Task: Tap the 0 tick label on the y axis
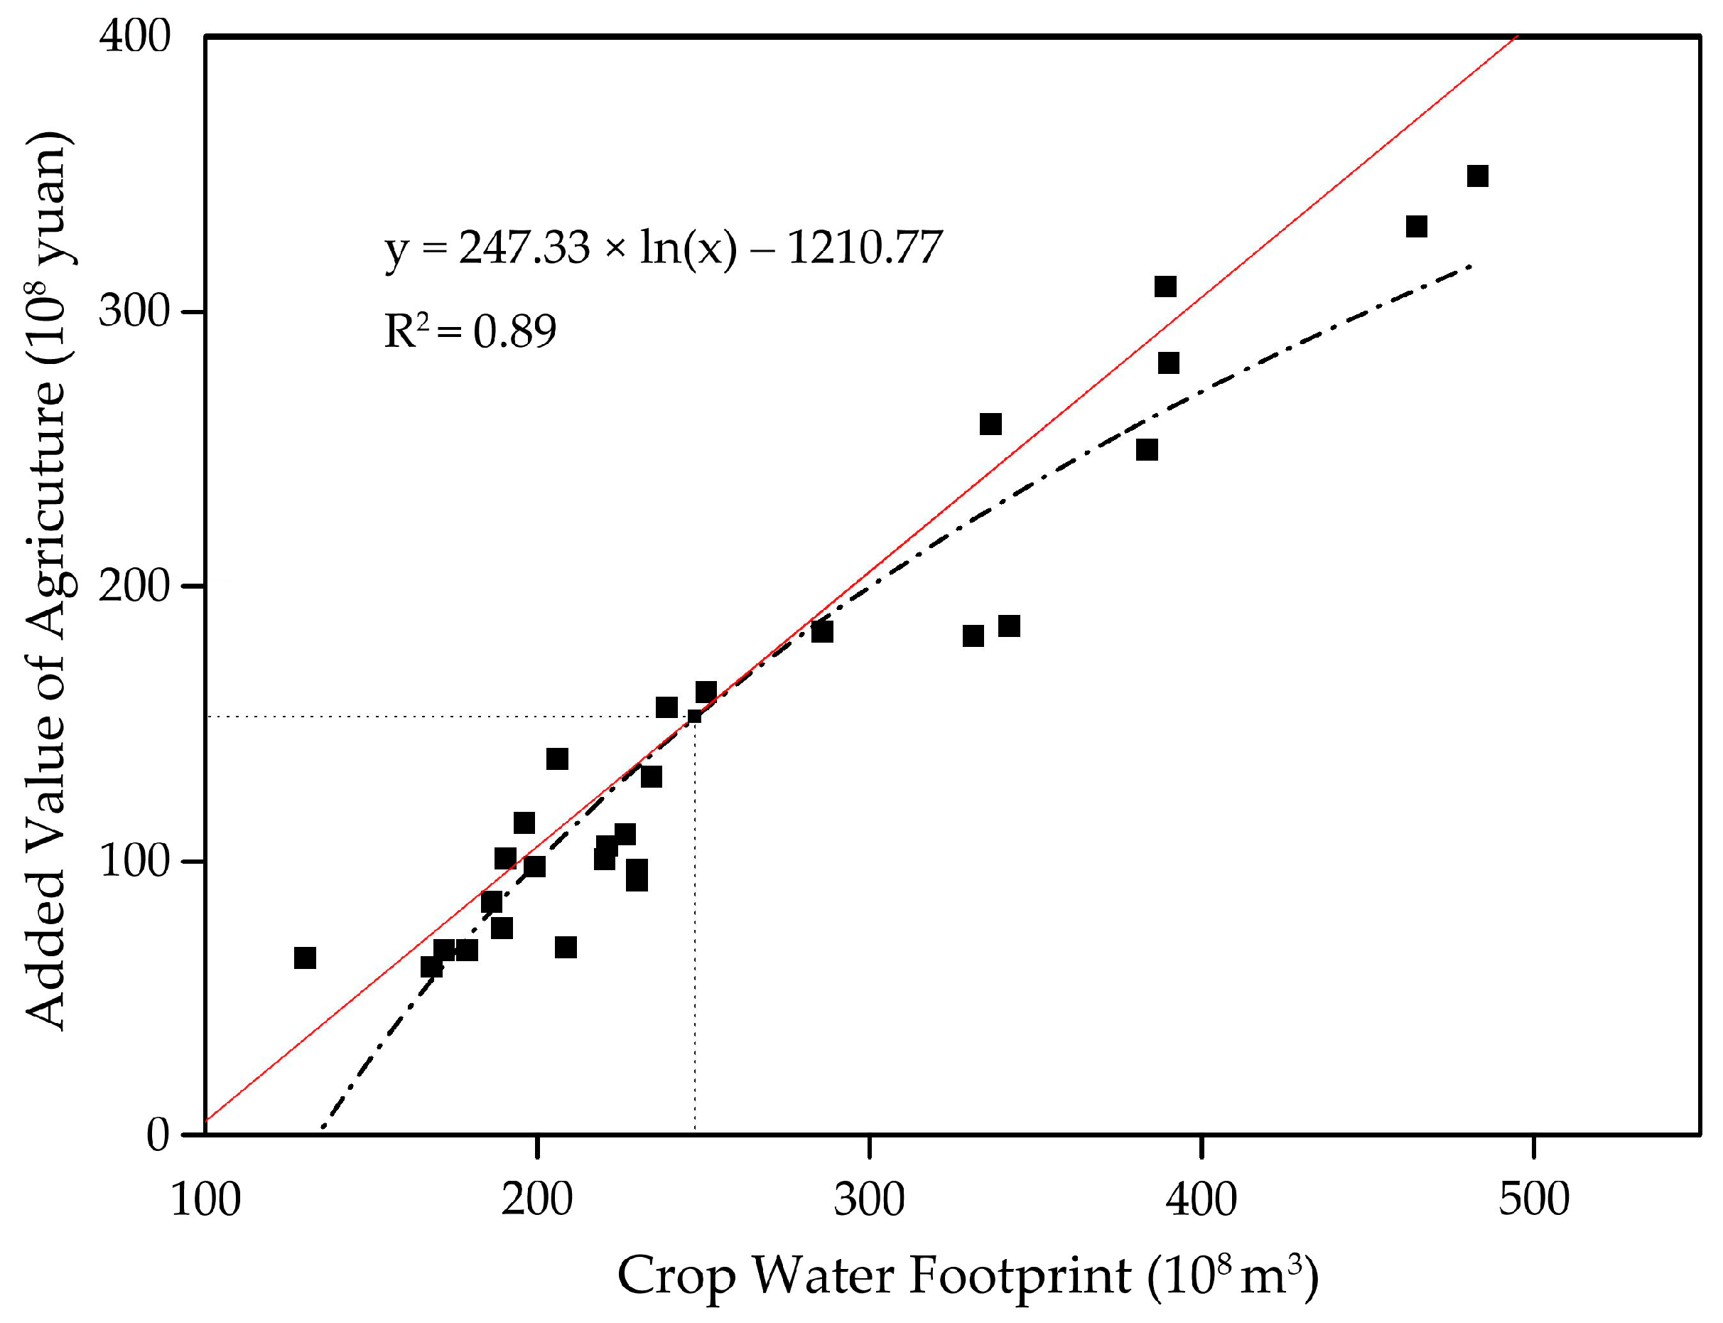[158, 1135]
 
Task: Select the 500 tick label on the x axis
[1533, 1199]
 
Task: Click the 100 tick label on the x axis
[205, 1199]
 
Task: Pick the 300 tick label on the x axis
[869, 1199]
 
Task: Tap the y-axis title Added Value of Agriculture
[47, 583]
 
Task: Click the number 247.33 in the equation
[524, 247]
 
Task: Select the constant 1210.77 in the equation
[864, 247]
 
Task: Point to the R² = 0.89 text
[470, 331]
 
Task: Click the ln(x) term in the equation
[688, 247]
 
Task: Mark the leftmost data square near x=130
[305, 958]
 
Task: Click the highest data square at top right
[1477, 176]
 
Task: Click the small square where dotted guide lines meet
[694, 717]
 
